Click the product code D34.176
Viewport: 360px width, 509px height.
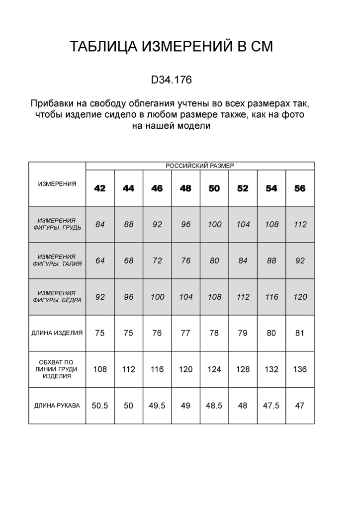[x=171, y=80]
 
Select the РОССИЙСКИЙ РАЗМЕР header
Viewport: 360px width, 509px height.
[x=199, y=166]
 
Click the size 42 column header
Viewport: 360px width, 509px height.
[x=100, y=188]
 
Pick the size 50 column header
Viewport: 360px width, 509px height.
[x=214, y=188]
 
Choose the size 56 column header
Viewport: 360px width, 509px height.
[x=300, y=188]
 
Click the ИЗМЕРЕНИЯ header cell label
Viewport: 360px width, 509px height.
[x=57, y=184]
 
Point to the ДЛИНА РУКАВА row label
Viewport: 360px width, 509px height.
[x=57, y=406]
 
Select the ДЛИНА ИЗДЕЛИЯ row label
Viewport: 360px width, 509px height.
[x=57, y=333]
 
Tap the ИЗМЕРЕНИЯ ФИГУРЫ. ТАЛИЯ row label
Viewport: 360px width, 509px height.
[x=57, y=260]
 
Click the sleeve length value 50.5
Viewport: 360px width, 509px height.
[x=100, y=406]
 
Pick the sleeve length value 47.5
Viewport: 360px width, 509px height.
[x=271, y=406]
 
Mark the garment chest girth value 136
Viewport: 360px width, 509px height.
[x=300, y=369]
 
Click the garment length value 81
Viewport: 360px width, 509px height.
[x=300, y=333]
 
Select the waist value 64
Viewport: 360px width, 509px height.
[x=100, y=260]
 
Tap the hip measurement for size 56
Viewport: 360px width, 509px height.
[x=300, y=297]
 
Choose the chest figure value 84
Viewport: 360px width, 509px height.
[x=100, y=224]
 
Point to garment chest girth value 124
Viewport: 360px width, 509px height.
[x=214, y=369]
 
